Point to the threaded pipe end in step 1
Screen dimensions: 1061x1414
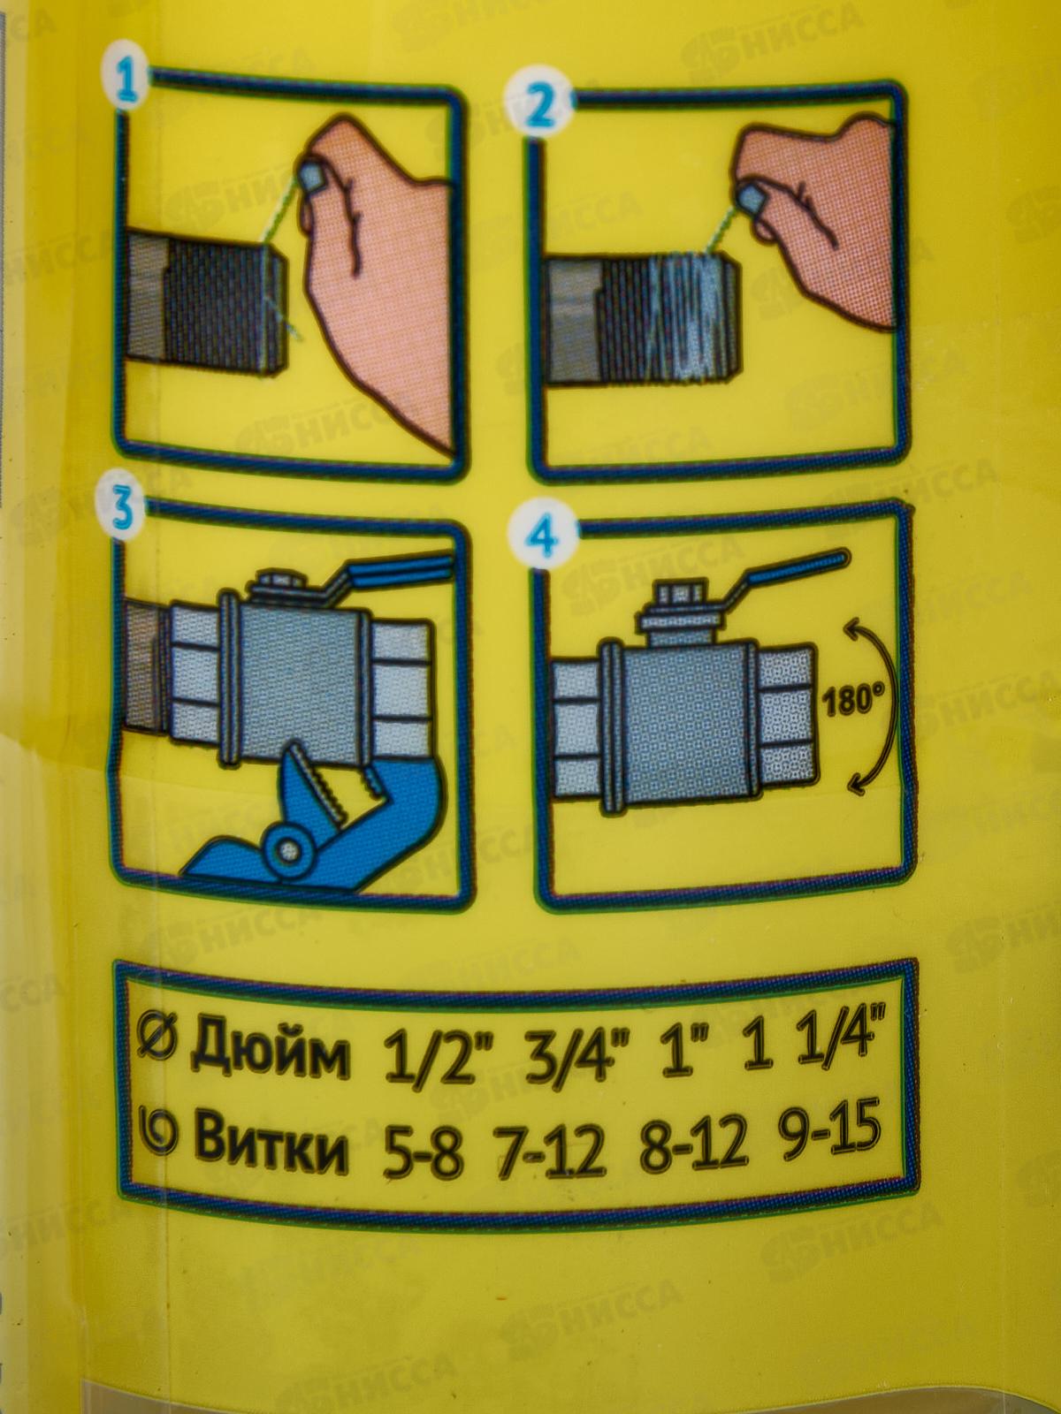[205, 303]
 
